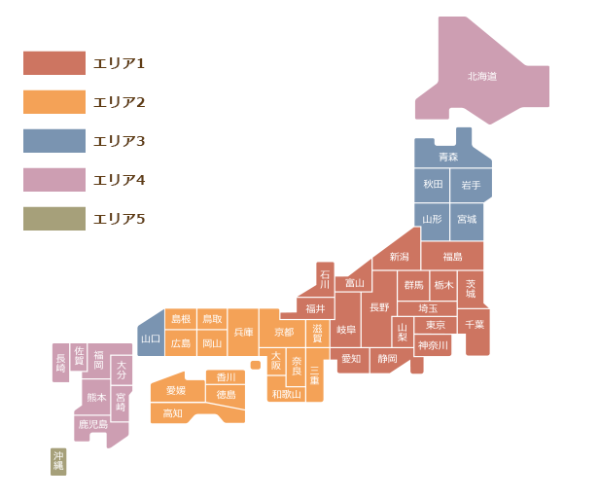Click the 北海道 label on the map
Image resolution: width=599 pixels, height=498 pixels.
pos(482,76)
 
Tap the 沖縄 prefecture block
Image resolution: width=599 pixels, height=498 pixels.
pos(58,461)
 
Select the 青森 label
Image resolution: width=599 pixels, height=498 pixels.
pos(448,157)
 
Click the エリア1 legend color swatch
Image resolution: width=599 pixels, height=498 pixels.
pos(54,63)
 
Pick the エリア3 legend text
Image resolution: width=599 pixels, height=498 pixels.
pos(119,141)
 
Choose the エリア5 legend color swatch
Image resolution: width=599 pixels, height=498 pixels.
pos(54,219)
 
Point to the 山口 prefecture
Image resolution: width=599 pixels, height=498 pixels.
pos(151,338)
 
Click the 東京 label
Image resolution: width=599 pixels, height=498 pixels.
pos(436,325)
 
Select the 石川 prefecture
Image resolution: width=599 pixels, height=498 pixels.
pos(325,278)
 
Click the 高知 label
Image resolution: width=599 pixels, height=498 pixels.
pos(172,413)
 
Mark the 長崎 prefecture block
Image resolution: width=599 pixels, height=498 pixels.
pos(60,363)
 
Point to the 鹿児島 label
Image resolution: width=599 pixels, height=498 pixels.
pos(94,425)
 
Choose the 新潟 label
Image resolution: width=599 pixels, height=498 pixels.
pos(399,257)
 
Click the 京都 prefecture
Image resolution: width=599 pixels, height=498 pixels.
pos(283,332)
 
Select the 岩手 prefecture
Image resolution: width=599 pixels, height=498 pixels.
pos(471,185)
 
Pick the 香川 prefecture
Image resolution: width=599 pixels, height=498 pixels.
pos(226,376)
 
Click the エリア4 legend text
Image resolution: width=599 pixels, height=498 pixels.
pos(119,180)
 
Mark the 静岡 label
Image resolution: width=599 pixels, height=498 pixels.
pos(387,358)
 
